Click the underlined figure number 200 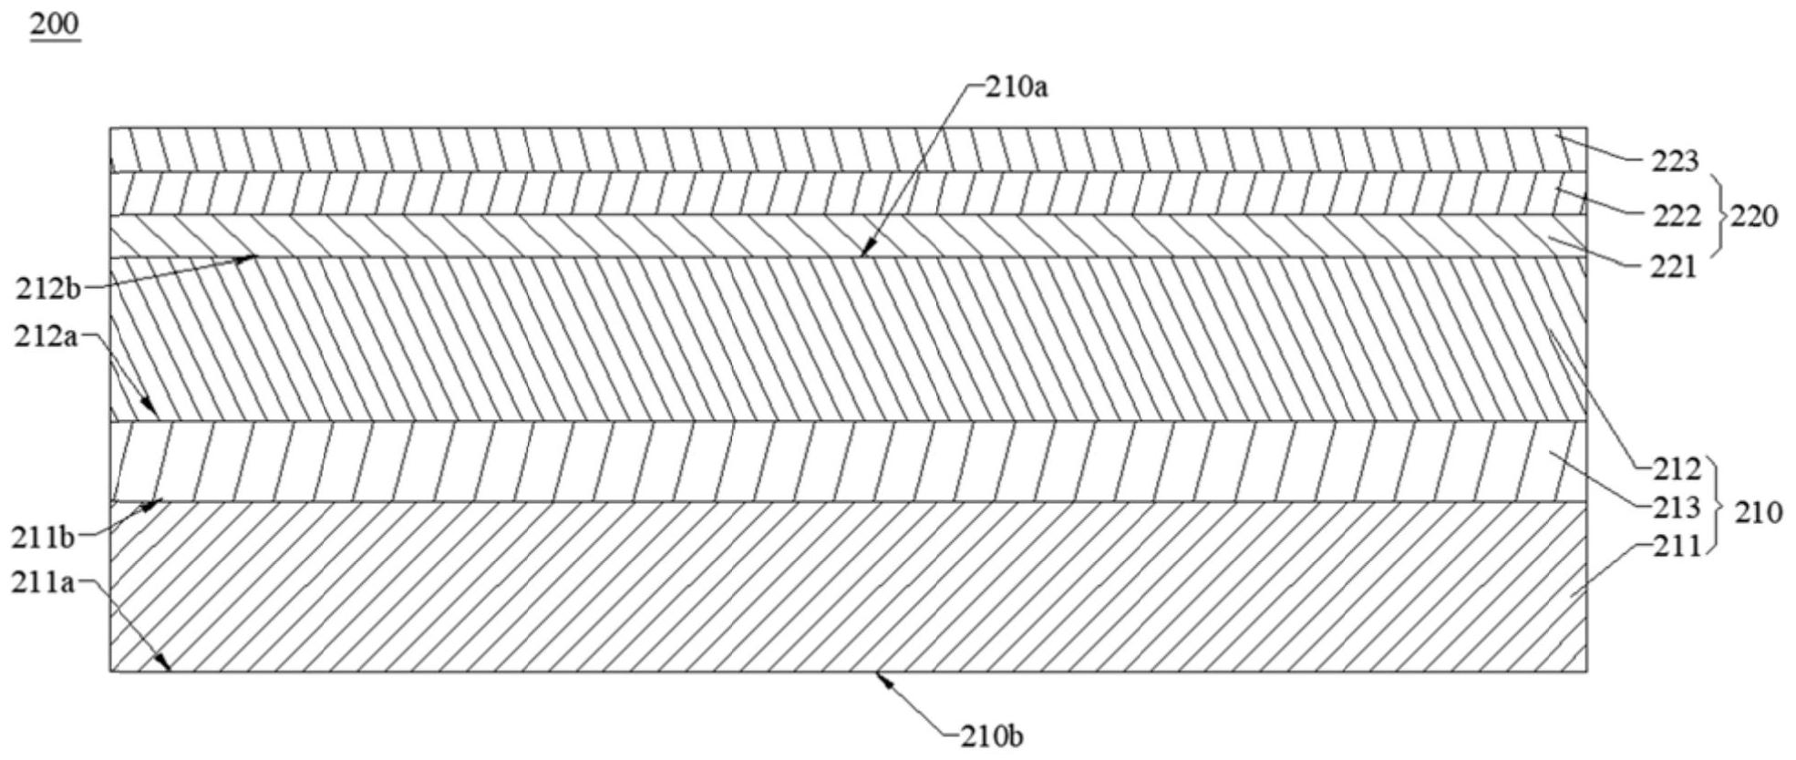55,25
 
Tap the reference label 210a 1017,87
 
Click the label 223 1676,162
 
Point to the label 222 1676,216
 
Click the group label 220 1754,217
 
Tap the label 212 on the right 1677,468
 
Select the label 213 1677,507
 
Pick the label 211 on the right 1677,546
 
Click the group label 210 1758,512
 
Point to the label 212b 47,289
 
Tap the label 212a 46,337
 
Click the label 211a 43,582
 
